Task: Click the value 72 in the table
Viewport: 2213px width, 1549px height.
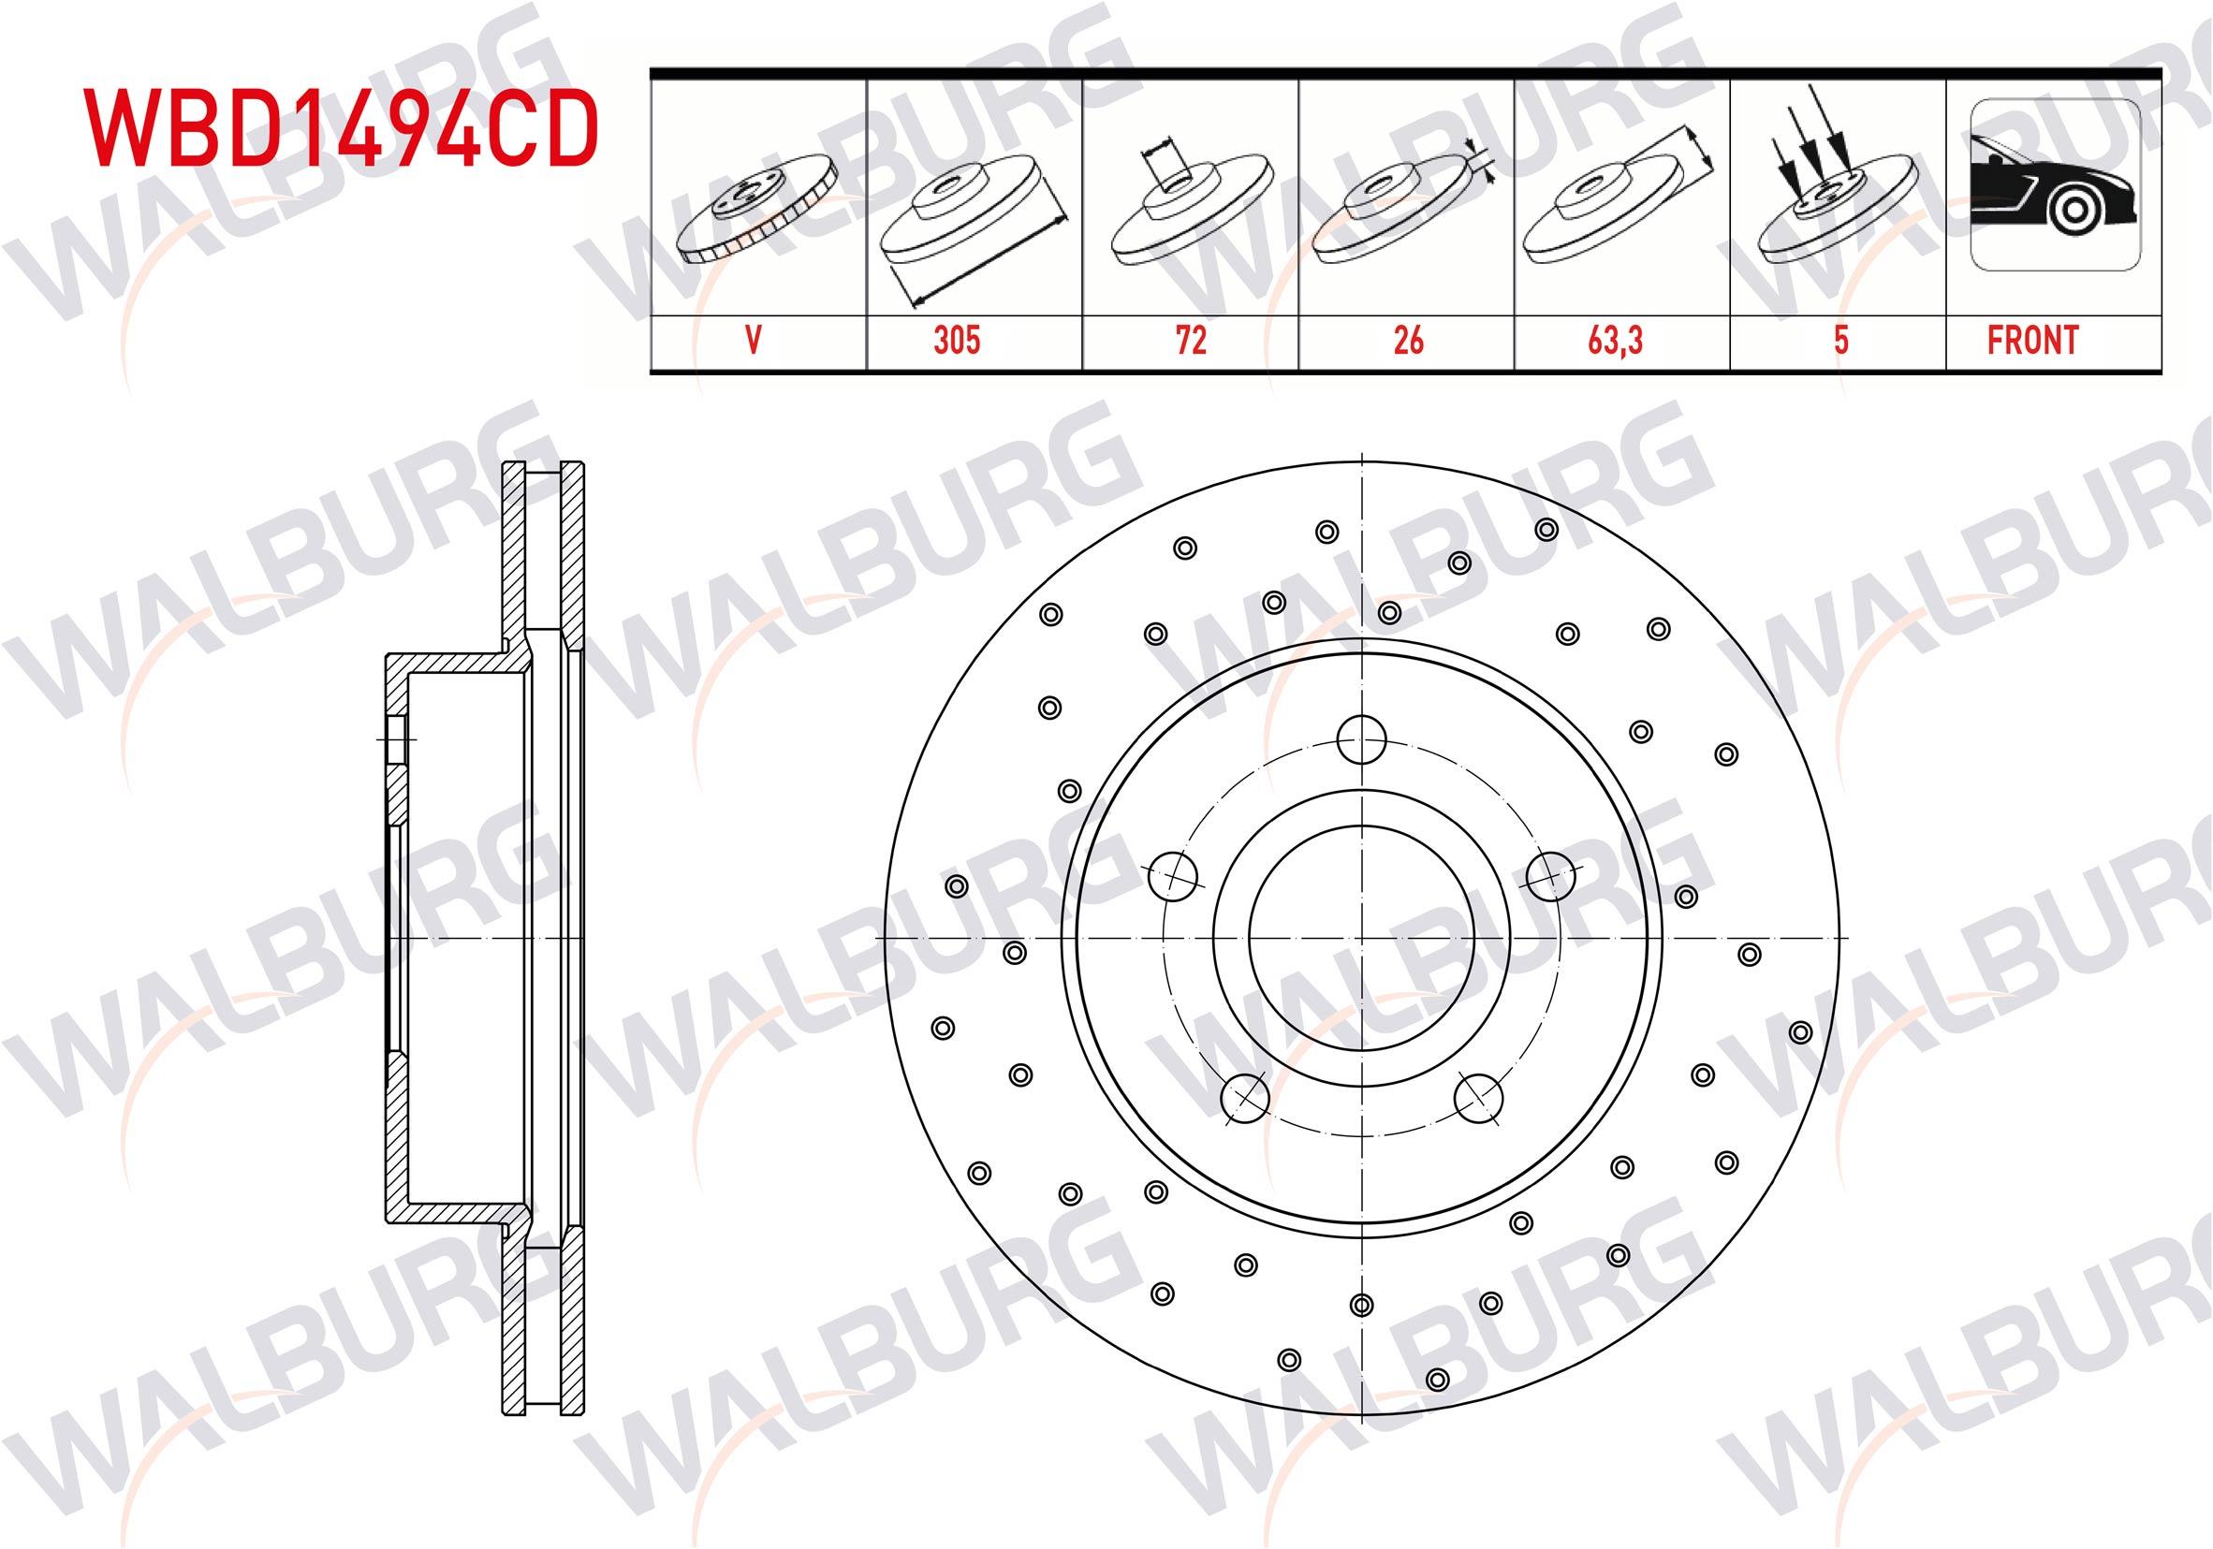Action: point(1192,341)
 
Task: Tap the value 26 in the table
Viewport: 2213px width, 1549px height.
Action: point(1407,341)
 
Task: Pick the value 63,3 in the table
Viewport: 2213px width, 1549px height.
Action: point(1622,341)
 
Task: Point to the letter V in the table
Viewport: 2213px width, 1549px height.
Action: point(754,341)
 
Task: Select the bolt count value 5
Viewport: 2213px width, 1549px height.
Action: point(1840,341)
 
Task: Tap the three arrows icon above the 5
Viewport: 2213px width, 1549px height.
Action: point(1825,183)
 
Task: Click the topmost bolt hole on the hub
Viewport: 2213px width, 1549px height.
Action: point(1362,740)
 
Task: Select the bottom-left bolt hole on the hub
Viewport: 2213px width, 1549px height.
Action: point(1244,1097)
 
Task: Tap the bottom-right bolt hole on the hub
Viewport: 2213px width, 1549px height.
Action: point(1478,1098)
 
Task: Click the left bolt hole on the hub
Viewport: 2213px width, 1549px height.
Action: point(1175,875)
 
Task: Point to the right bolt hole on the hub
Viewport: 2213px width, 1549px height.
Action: point(1551,875)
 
